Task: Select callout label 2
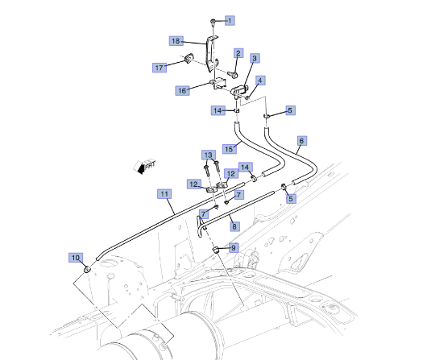coord(238,53)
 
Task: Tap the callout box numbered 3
coord(255,59)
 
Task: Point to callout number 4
coord(261,81)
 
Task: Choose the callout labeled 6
coord(301,140)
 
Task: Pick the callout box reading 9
coord(234,248)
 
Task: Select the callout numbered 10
coord(76,258)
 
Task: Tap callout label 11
coord(164,194)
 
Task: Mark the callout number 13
coord(207,155)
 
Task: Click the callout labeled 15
coord(230,149)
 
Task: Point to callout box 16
coord(182,91)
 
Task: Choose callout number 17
coord(159,68)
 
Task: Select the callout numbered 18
coord(176,40)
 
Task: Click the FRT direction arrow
coord(147,168)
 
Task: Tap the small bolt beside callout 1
coord(212,19)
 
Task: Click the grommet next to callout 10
coord(87,267)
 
